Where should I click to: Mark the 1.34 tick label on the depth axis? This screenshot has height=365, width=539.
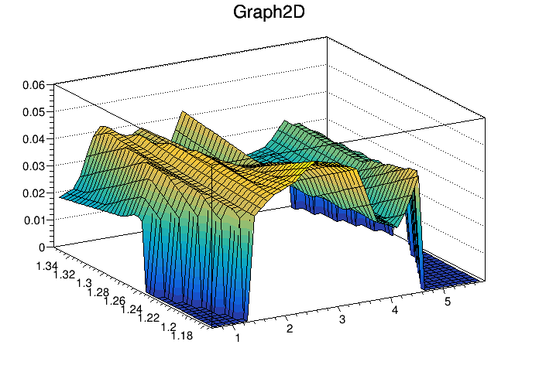coord(48,266)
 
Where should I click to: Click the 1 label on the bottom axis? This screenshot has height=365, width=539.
coord(237,338)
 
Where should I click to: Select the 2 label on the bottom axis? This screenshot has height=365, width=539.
coord(290,328)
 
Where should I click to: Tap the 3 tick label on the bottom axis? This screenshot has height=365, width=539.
coord(342,318)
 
